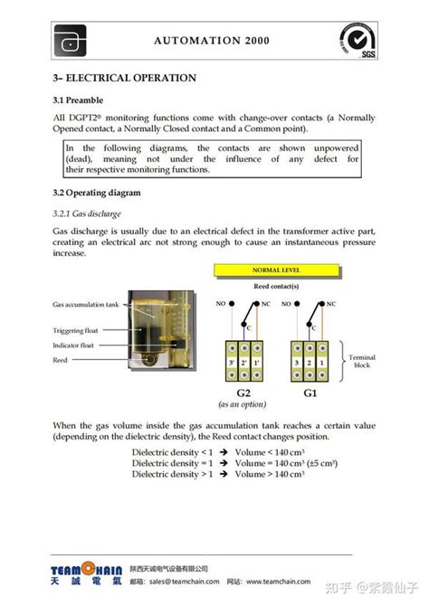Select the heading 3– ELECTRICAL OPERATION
click(x=124, y=78)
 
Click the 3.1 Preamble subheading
click(x=78, y=99)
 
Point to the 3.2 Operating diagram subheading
click(x=96, y=193)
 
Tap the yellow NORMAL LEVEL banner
click(x=276, y=270)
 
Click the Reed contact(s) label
click(x=276, y=285)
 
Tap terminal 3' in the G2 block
click(x=232, y=363)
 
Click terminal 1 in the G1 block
click(x=320, y=363)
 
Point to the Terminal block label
click(x=362, y=361)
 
